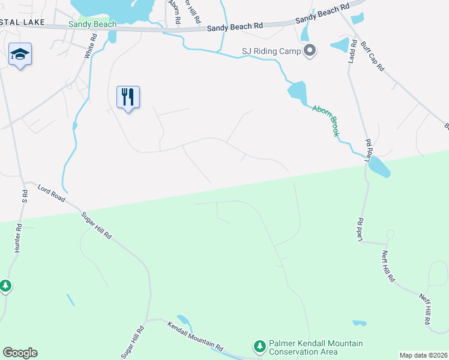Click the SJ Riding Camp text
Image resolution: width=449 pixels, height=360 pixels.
pyautogui.click(x=271, y=52)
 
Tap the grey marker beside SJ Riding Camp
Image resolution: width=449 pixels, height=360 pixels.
pyautogui.click(x=310, y=51)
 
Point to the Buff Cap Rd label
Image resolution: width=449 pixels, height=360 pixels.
pyautogui.click(x=372, y=56)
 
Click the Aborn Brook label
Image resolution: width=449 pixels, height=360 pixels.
pyautogui.click(x=325, y=121)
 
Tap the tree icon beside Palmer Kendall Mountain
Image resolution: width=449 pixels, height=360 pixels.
pyautogui.click(x=259, y=346)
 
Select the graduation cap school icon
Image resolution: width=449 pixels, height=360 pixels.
pyautogui.click(x=20, y=55)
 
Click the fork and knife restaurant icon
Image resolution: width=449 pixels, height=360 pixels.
pyautogui.click(x=128, y=97)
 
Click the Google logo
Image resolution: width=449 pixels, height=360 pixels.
pyautogui.click(x=20, y=353)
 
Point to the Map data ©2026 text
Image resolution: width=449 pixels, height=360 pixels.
pyautogui.click(x=423, y=355)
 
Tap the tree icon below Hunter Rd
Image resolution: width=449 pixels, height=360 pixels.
pyautogui.click(x=5, y=286)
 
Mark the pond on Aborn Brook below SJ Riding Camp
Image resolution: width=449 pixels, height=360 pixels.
pyautogui.click(x=297, y=91)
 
